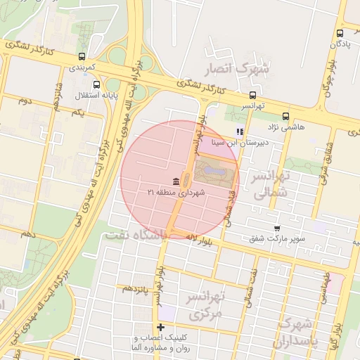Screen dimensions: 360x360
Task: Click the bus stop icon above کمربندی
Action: click(x=83, y=56)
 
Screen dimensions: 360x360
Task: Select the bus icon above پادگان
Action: click(x=340, y=33)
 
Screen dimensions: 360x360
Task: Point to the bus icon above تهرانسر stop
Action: click(x=252, y=95)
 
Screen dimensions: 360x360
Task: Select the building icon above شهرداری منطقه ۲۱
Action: click(x=175, y=181)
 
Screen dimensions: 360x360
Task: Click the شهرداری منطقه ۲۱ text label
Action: click(x=176, y=192)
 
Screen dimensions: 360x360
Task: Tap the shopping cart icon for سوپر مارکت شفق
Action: click(x=277, y=228)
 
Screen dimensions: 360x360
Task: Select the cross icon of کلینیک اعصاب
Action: click(x=161, y=327)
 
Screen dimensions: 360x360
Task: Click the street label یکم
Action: click(x=77, y=113)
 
